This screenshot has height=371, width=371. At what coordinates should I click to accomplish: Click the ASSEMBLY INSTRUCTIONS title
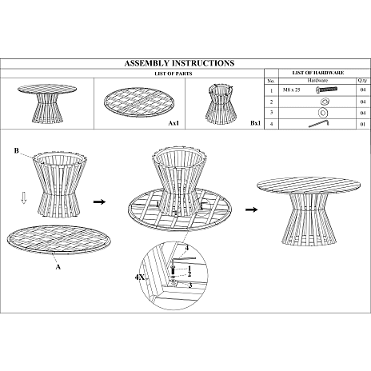(179, 63)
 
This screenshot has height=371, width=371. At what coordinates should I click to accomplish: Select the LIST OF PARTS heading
(174, 74)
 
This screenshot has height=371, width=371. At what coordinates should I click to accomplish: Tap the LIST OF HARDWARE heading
(318, 73)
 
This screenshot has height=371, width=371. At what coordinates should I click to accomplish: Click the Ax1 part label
(174, 123)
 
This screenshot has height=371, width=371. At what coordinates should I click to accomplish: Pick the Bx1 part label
(255, 123)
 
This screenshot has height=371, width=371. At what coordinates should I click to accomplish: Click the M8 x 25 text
(291, 90)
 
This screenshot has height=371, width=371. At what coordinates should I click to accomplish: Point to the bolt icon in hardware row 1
(326, 90)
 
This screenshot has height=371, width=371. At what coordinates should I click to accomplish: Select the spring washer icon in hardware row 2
(325, 102)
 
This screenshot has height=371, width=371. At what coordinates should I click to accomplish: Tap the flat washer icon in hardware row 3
(323, 113)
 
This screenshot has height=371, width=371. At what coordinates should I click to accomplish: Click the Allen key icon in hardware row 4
(319, 124)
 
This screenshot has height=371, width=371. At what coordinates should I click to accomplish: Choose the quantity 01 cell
(363, 124)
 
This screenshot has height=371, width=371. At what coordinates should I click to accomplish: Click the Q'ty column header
(362, 81)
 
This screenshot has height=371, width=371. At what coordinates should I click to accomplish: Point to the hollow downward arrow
(24, 198)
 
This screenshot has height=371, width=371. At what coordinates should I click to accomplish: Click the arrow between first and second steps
(99, 201)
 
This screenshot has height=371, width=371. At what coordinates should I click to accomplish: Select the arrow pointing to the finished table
(251, 209)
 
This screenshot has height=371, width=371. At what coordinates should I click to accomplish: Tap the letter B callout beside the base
(17, 151)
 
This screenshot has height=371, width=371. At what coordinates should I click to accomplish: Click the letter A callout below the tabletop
(58, 266)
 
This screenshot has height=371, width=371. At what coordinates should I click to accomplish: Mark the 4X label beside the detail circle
(140, 277)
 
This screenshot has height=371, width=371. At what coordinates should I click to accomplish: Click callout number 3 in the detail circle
(190, 285)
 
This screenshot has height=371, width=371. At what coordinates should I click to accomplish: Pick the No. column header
(271, 81)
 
